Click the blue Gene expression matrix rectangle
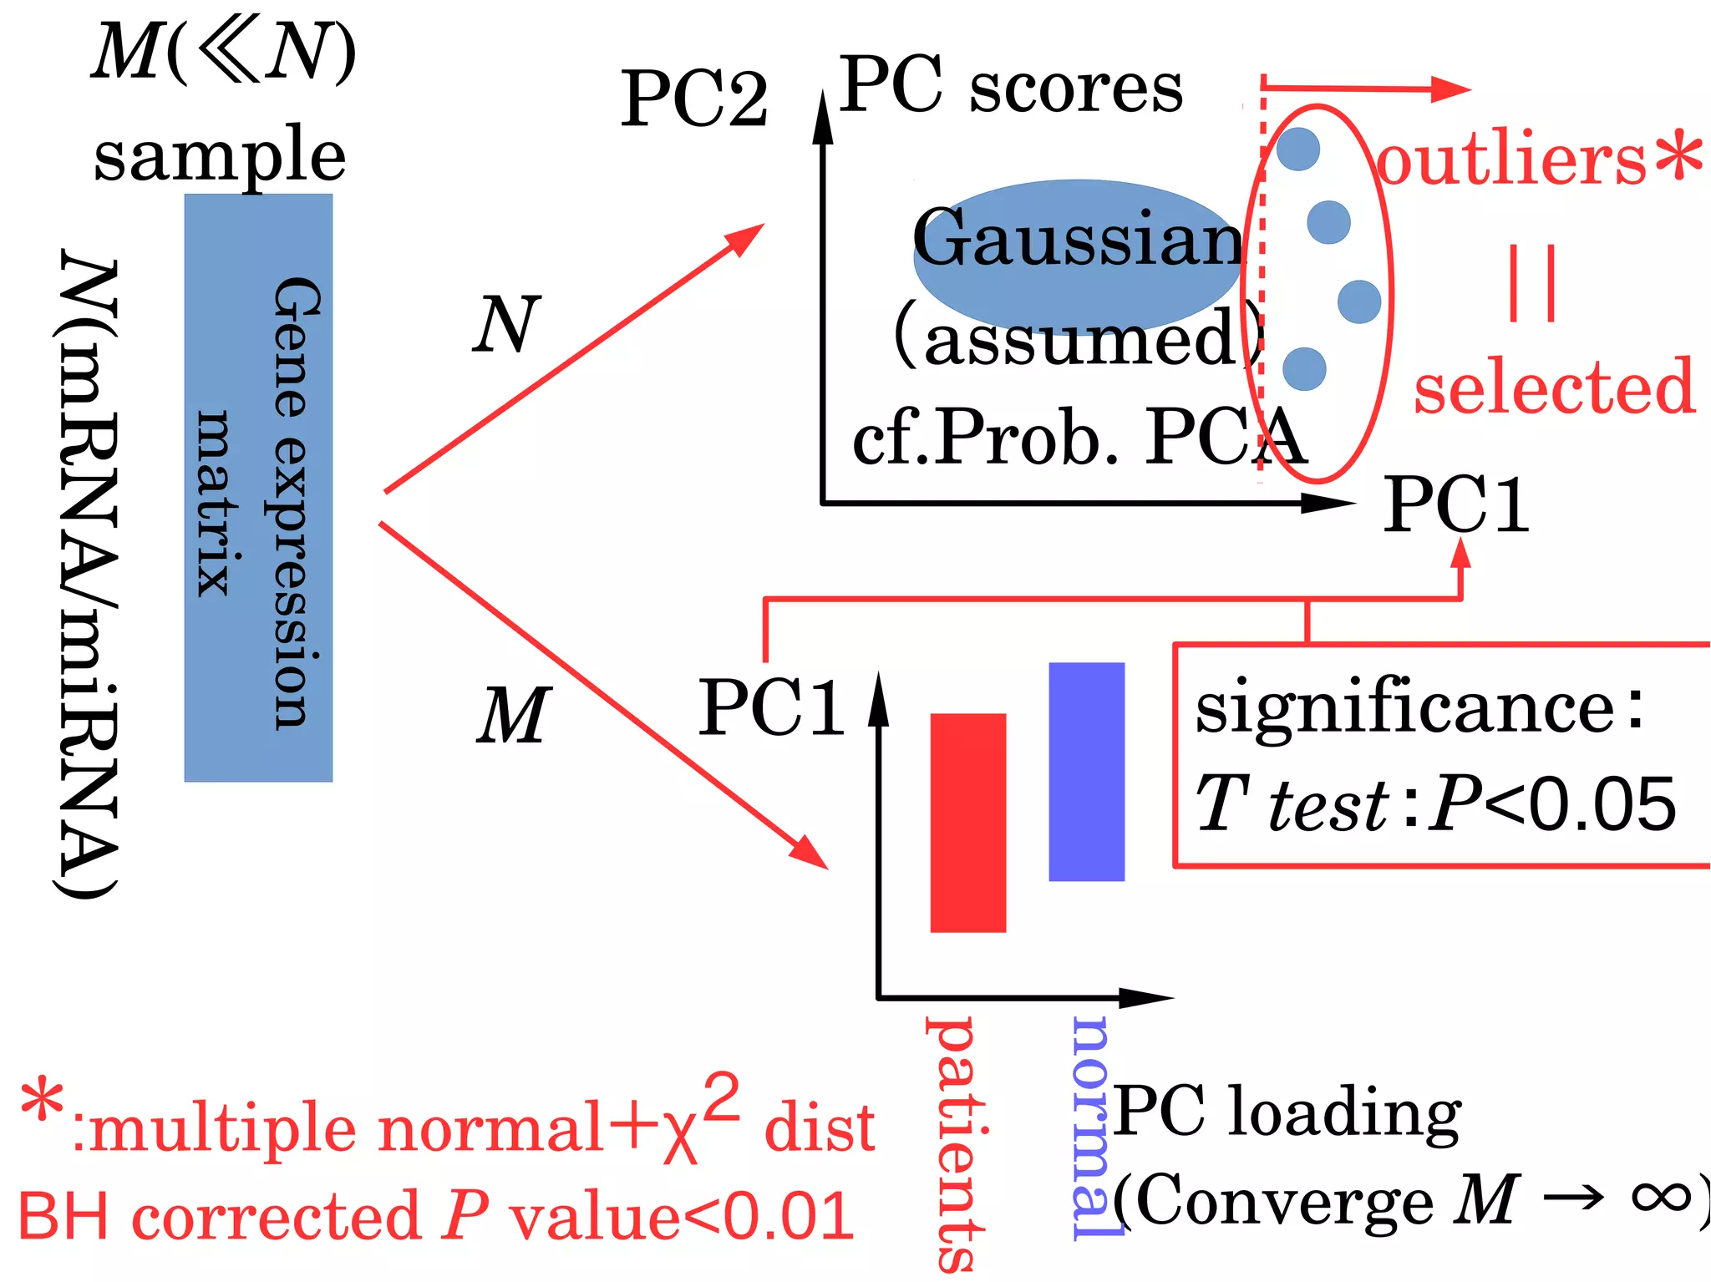point(258,488)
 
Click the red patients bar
point(967,822)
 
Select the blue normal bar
point(1086,771)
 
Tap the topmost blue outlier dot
point(1298,149)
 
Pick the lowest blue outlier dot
point(1304,368)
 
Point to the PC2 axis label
point(693,99)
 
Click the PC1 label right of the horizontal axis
point(1455,504)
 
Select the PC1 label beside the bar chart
point(770,708)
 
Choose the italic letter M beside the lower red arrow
point(513,715)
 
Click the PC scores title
point(1011,85)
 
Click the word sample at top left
point(219,156)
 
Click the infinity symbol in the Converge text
point(1660,1196)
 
